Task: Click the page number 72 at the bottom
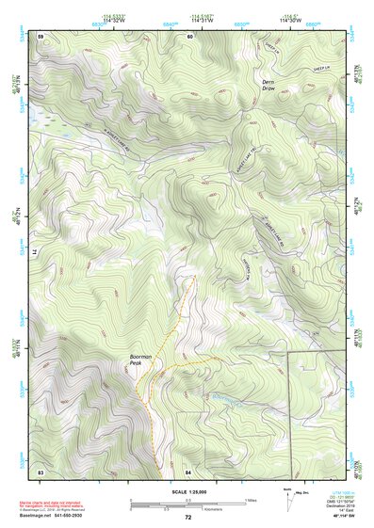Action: coord(187,518)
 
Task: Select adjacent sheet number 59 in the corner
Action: coord(41,36)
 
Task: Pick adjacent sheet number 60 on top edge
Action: coord(189,36)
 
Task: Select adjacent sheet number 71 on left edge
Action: coord(33,253)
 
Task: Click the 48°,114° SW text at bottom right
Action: coord(341,517)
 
